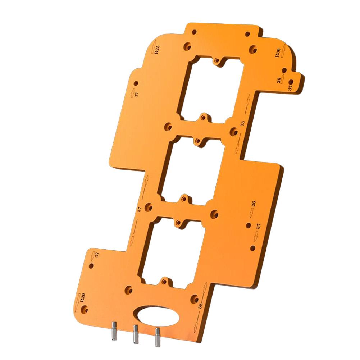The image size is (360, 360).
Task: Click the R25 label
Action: pyautogui.click(x=158, y=50)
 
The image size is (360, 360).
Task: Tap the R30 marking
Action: pyautogui.click(x=277, y=53)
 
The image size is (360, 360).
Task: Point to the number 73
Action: pyautogui.click(x=242, y=123)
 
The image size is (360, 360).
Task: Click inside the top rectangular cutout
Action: pyautogui.click(x=212, y=90)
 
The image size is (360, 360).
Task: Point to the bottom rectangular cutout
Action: pyautogui.click(x=173, y=252)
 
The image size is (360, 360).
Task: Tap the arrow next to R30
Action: pyautogui.click(x=283, y=49)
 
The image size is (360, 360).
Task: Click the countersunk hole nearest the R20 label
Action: pyautogui.click(x=86, y=308)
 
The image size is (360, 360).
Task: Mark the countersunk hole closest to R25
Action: pyautogui.click(x=187, y=46)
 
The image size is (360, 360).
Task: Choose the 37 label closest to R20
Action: pyautogui.click(x=96, y=255)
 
